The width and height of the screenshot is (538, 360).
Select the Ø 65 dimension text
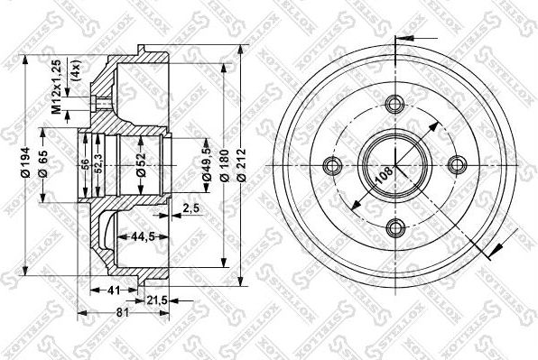[x=43, y=164]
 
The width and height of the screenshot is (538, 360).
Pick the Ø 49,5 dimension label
[x=208, y=165]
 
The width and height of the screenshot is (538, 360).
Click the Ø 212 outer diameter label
[x=243, y=165]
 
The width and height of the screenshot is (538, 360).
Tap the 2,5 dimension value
[x=190, y=208]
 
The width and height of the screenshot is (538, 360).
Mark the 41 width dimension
[x=111, y=291]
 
